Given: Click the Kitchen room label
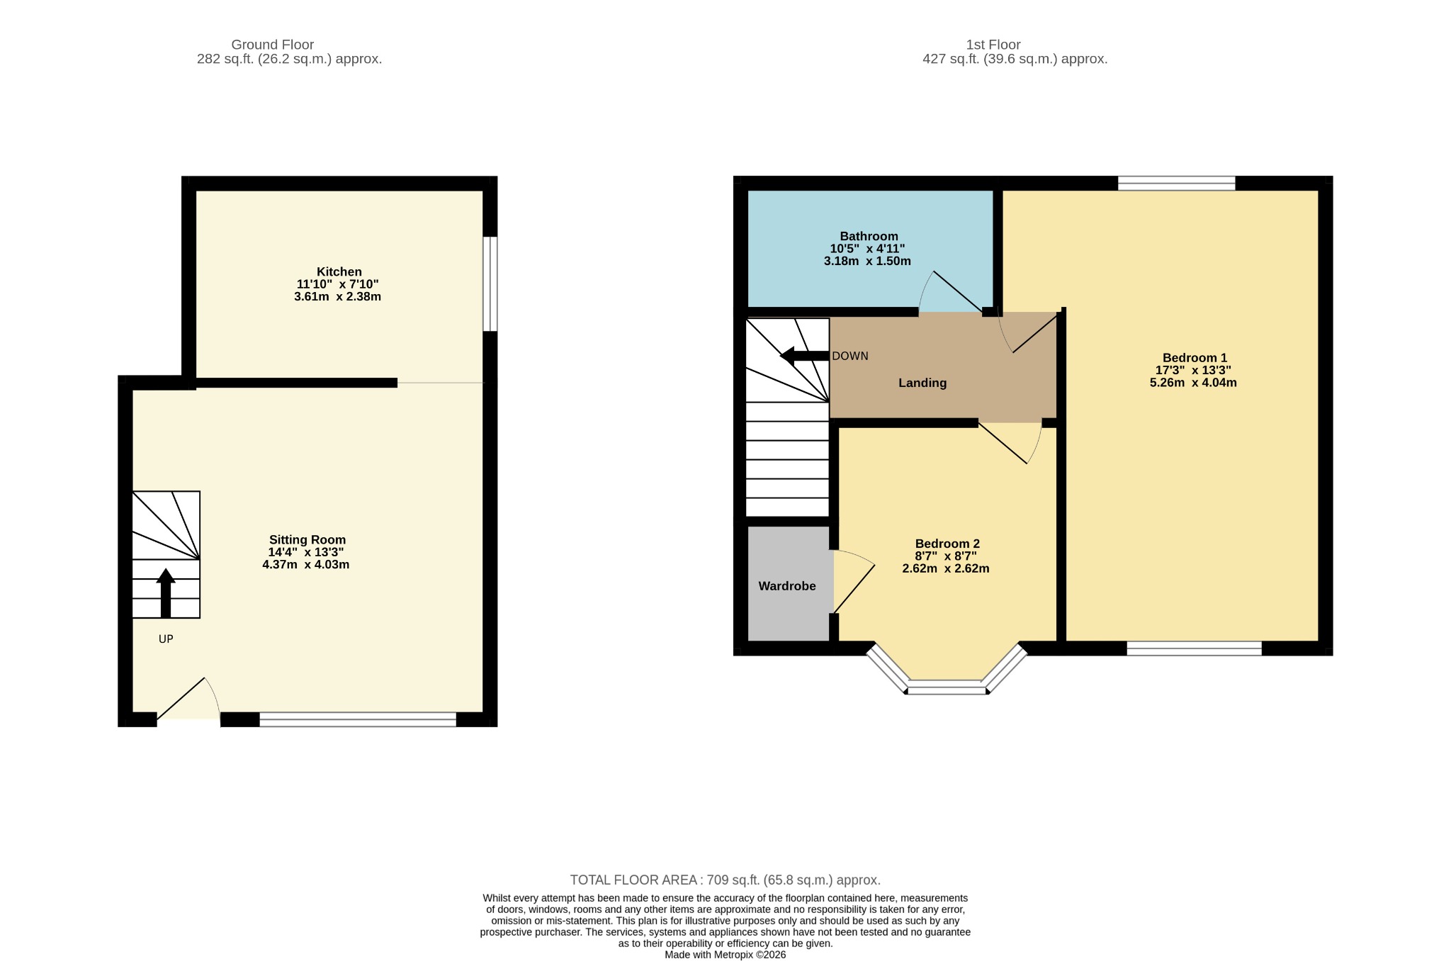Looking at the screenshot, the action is [x=339, y=271].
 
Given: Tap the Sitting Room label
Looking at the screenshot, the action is [x=307, y=539].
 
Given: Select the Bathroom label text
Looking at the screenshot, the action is [x=869, y=236].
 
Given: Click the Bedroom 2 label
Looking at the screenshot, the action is [x=947, y=544].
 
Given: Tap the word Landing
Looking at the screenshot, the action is [x=922, y=383].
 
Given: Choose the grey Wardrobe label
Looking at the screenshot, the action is [x=787, y=586].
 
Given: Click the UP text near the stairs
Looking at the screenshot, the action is [x=166, y=639].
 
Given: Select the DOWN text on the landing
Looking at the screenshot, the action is [x=850, y=356].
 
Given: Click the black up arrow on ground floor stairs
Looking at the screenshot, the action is [x=166, y=593].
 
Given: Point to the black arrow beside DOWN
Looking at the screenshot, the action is [x=804, y=356].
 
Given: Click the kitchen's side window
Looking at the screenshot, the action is [x=490, y=283].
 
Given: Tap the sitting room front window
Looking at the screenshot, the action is [x=358, y=719].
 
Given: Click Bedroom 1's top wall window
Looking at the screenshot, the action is [x=1177, y=183].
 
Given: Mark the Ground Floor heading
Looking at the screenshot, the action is [x=273, y=45].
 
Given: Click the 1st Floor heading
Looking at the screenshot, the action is [x=993, y=45].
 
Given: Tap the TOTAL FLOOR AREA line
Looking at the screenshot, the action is [x=725, y=880].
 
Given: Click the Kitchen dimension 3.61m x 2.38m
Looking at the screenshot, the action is [x=337, y=296].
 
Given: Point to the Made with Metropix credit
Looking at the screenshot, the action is [x=725, y=955].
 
